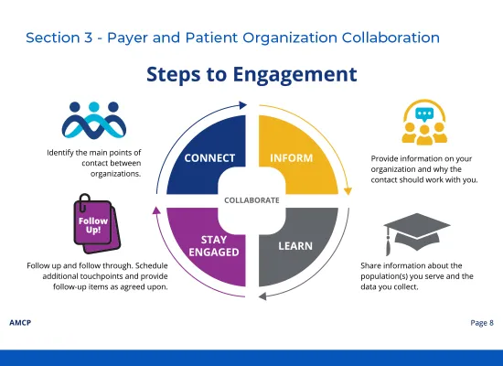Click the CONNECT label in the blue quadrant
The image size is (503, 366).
(x=210, y=157)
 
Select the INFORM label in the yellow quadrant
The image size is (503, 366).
(x=291, y=157)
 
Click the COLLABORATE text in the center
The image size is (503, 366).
(x=251, y=199)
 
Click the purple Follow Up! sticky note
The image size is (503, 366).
(x=92, y=225)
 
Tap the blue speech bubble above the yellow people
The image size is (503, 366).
(x=424, y=115)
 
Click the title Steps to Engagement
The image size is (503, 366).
(x=251, y=73)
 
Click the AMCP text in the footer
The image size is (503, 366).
(x=19, y=323)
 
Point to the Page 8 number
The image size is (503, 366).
(x=481, y=323)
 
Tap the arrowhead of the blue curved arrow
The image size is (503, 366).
(x=246, y=105)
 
